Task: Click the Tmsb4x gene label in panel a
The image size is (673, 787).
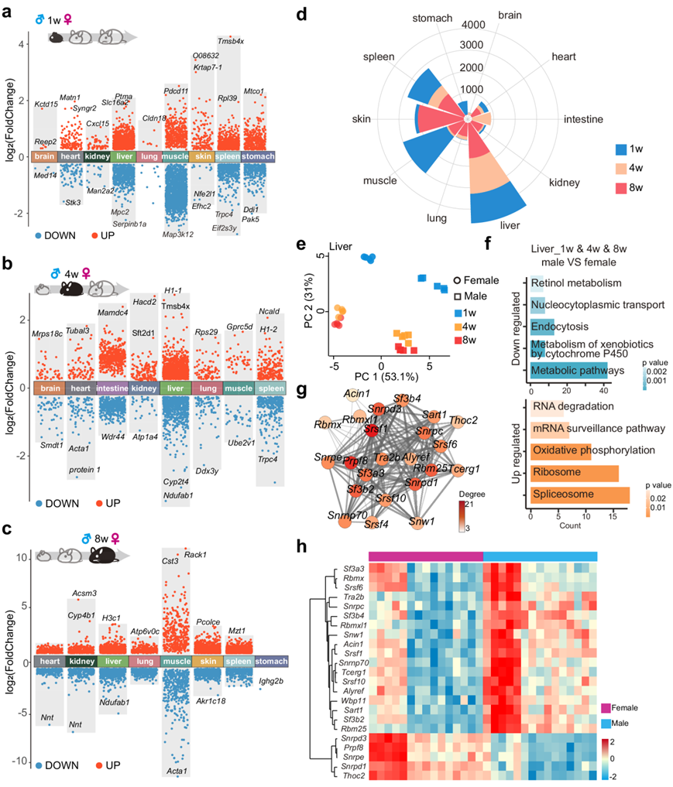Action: pos(230,41)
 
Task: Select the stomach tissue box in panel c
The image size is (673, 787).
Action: pos(272,662)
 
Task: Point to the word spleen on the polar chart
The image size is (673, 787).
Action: pos(380,57)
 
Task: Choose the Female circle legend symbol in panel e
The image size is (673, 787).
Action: pos(460,280)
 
